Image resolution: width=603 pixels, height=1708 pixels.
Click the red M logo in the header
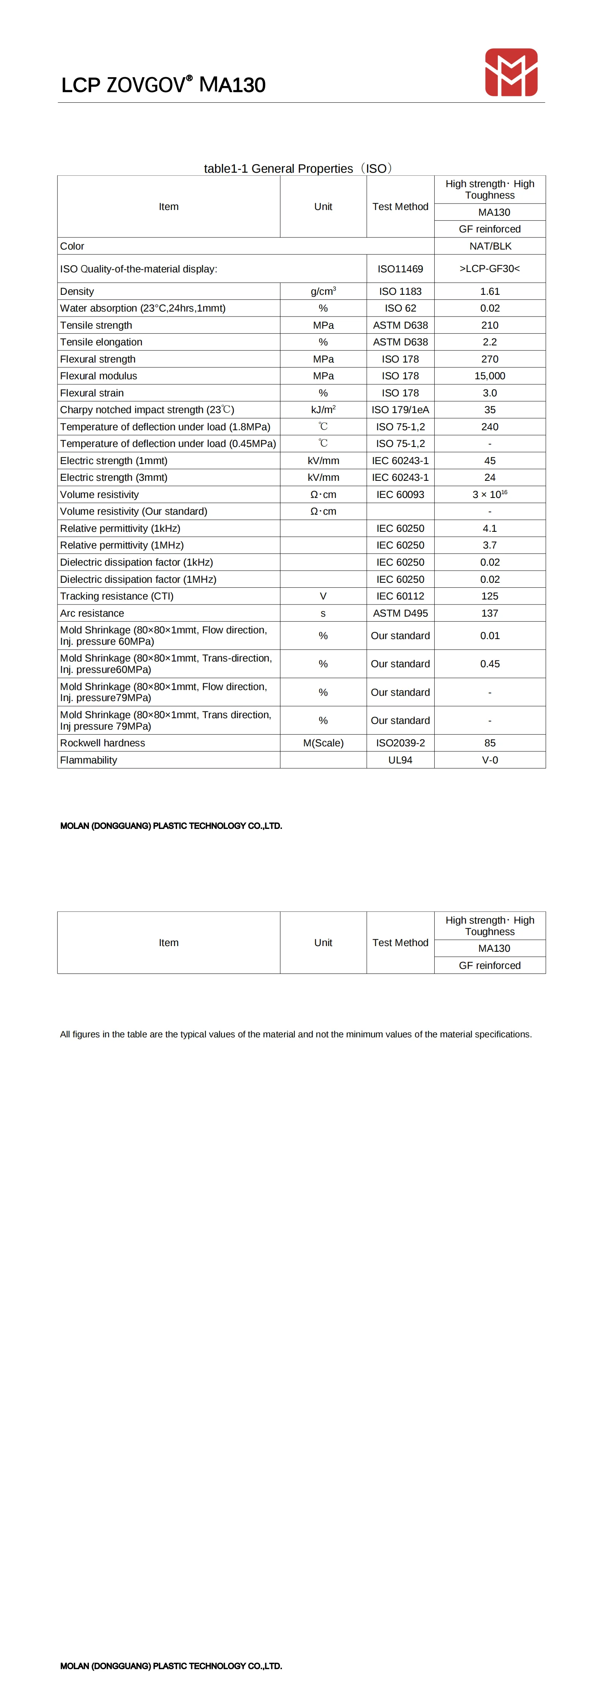click(511, 72)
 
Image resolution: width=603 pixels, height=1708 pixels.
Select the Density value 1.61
click(490, 291)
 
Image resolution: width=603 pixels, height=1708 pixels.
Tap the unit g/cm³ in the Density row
click(323, 291)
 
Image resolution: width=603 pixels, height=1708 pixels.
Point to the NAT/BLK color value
click(490, 246)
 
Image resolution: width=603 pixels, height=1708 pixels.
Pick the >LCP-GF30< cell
click(490, 269)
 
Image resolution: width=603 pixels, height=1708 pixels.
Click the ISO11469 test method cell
click(400, 269)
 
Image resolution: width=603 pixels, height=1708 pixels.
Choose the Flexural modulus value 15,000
click(490, 376)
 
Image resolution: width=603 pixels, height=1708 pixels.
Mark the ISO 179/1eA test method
click(400, 410)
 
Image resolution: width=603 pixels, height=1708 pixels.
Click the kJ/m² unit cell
click(323, 410)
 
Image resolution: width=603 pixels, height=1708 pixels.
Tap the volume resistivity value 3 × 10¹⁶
click(490, 495)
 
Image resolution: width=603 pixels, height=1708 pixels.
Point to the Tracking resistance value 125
click(490, 596)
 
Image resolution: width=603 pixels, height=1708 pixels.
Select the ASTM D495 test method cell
click(400, 613)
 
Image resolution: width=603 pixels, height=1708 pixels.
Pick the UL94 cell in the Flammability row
click(400, 760)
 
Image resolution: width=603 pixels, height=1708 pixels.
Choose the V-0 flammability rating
click(490, 760)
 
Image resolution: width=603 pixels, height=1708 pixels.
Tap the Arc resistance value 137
click(490, 613)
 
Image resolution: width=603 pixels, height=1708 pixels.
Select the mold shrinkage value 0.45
click(490, 664)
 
